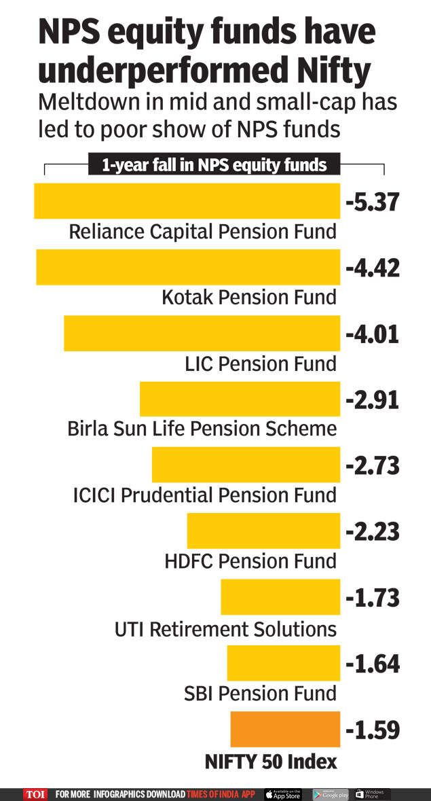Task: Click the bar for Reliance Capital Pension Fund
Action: pyautogui.click(x=187, y=200)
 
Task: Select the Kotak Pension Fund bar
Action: pyautogui.click(x=188, y=267)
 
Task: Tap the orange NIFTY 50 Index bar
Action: pyautogui.click(x=285, y=730)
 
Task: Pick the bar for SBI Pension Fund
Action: pyautogui.click(x=283, y=663)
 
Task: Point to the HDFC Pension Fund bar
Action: pyautogui.click(x=263, y=531)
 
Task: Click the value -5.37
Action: pyautogui.click(x=373, y=202)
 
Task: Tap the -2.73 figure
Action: pyautogui.click(x=373, y=467)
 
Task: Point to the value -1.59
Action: pyautogui.click(x=373, y=730)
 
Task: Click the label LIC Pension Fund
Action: pyautogui.click(x=261, y=363)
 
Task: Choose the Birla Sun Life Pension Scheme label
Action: pyautogui.click(x=202, y=429)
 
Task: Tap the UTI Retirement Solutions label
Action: pyautogui.click(x=226, y=629)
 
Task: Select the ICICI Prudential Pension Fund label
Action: pyautogui.click(x=205, y=495)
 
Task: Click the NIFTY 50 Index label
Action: pyautogui.click(x=271, y=762)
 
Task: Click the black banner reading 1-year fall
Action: pyautogui.click(x=214, y=165)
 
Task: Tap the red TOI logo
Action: pyautogui.click(x=35, y=794)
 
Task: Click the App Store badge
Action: pyautogui.click(x=283, y=794)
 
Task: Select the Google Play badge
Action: pyautogui.click(x=331, y=794)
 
